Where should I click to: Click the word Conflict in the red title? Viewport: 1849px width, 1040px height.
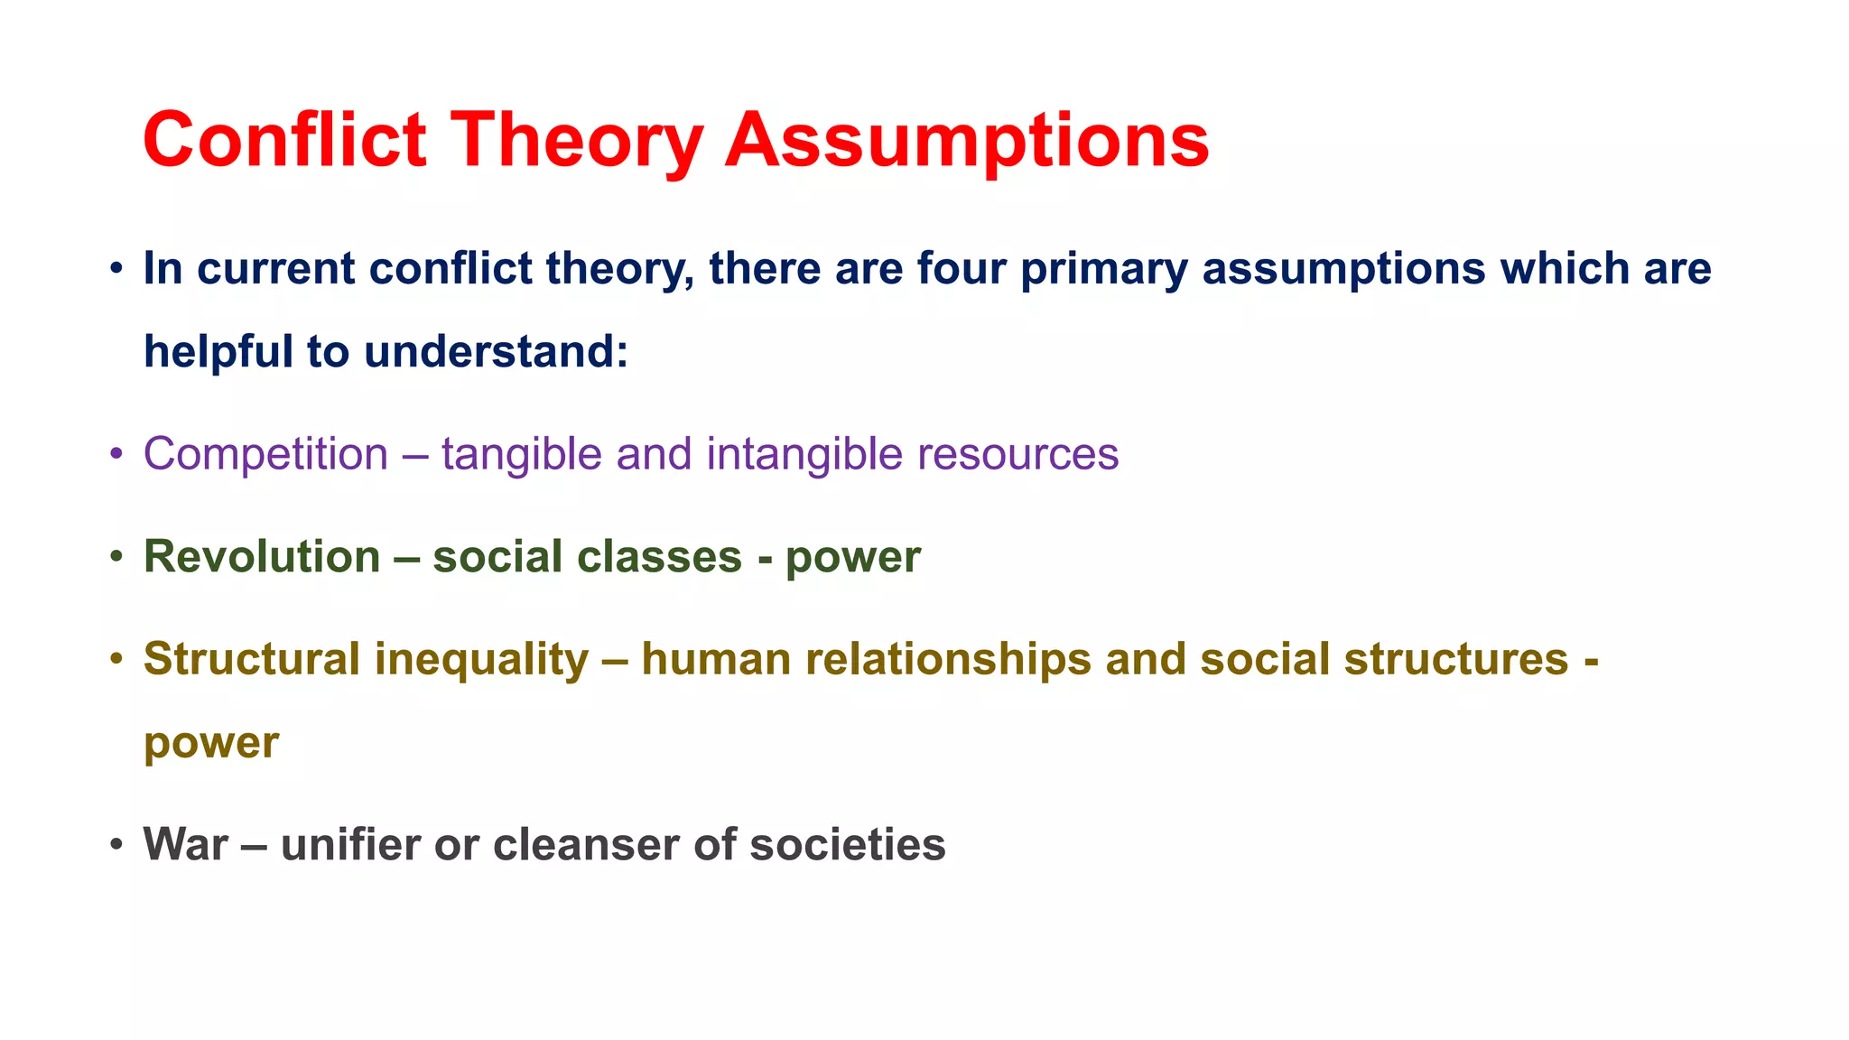tap(284, 140)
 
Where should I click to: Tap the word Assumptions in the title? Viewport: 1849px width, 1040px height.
tap(967, 140)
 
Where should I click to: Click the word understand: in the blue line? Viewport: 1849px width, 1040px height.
tap(496, 351)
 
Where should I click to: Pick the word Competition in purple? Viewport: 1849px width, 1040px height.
tap(265, 454)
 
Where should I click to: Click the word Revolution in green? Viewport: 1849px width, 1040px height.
tap(262, 557)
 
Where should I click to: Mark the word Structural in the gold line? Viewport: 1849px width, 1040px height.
tap(252, 659)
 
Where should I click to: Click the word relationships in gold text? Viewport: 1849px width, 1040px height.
tap(948, 659)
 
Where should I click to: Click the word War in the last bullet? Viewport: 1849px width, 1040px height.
tap(185, 845)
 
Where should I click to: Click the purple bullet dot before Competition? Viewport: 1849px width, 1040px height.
tap(116, 454)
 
